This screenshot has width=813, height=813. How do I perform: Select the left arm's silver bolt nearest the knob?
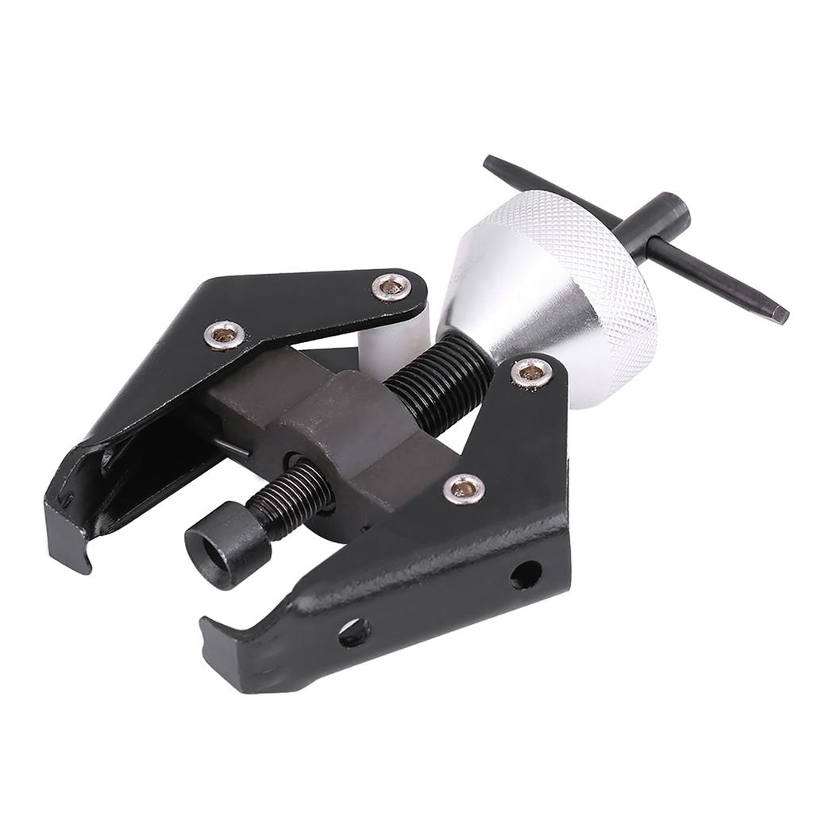coord(391,286)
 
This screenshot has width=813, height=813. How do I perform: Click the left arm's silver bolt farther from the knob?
coord(223,334)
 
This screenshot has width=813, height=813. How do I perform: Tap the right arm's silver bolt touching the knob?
coord(530,372)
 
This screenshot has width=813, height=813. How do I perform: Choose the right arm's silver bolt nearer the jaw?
coord(464,488)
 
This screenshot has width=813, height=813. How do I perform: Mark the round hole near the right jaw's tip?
coord(353,632)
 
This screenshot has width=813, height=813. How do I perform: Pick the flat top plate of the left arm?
coord(302,306)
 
